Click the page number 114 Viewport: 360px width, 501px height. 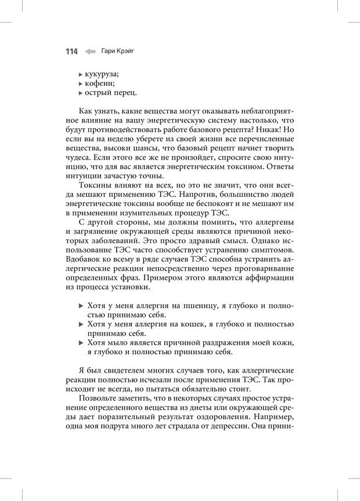click(71, 52)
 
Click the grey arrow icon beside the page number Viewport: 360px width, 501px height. click(90, 52)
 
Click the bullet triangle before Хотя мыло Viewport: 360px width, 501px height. click(81, 343)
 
